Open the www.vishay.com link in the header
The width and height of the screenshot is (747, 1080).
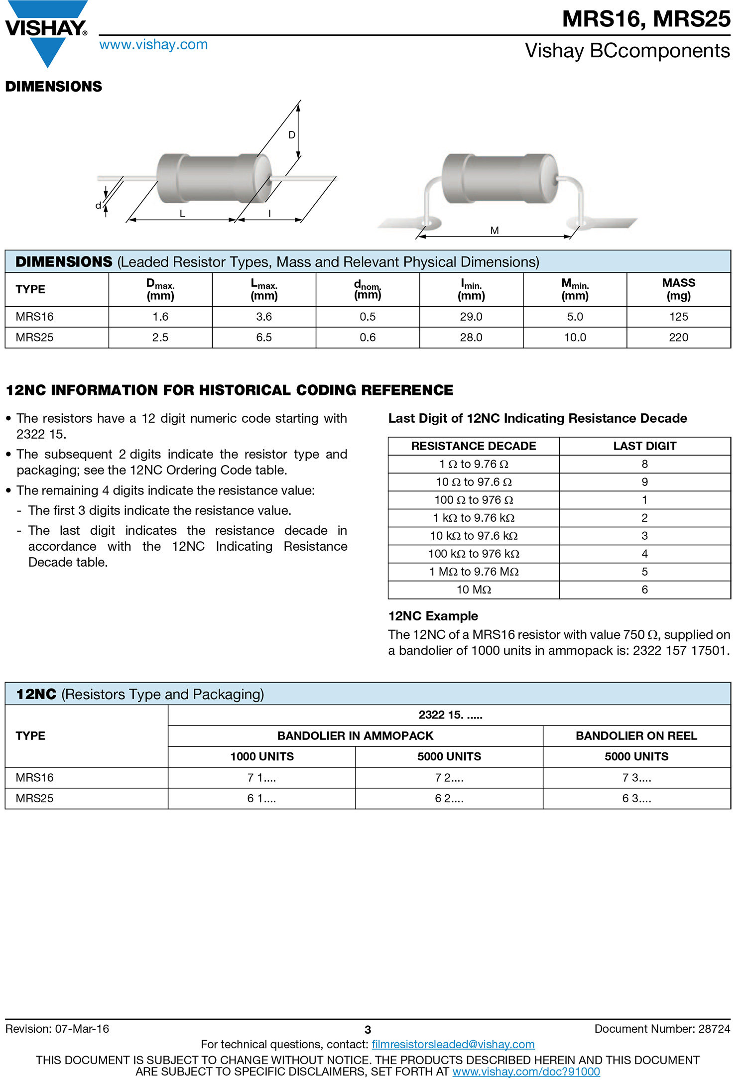click(153, 45)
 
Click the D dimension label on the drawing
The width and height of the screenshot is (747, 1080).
click(292, 135)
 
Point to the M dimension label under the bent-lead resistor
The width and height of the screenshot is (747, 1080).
click(495, 231)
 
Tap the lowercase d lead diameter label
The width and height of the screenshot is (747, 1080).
click(99, 205)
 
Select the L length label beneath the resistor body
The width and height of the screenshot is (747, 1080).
click(182, 214)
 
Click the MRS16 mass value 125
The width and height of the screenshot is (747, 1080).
click(678, 317)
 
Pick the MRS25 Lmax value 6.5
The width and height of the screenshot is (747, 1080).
click(264, 338)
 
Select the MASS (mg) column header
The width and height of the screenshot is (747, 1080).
click(678, 289)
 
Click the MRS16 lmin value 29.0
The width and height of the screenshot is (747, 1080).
click(471, 317)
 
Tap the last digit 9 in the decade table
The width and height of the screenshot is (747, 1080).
click(644, 482)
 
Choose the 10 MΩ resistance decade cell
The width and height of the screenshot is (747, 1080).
click(474, 590)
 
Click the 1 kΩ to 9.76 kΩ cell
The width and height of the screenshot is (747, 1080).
click(474, 518)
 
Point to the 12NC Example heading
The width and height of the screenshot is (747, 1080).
click(433, 616)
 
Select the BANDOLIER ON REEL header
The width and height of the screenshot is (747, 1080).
click(636, 735)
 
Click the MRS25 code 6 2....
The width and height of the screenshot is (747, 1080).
click(449, 798)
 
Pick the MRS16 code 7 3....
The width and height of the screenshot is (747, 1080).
click(636, 777)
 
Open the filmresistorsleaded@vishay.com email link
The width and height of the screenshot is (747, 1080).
click(453, 1044)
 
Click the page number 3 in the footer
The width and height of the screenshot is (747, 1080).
click(368, 1030)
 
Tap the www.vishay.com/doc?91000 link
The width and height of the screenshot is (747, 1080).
click(526, 1071)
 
